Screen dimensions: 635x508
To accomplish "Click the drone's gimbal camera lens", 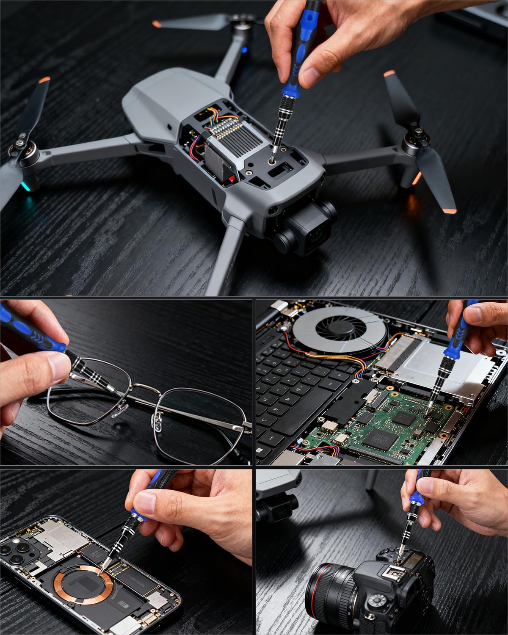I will (x=318, y=235).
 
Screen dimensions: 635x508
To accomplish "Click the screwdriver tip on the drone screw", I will (x=272, y=161).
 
